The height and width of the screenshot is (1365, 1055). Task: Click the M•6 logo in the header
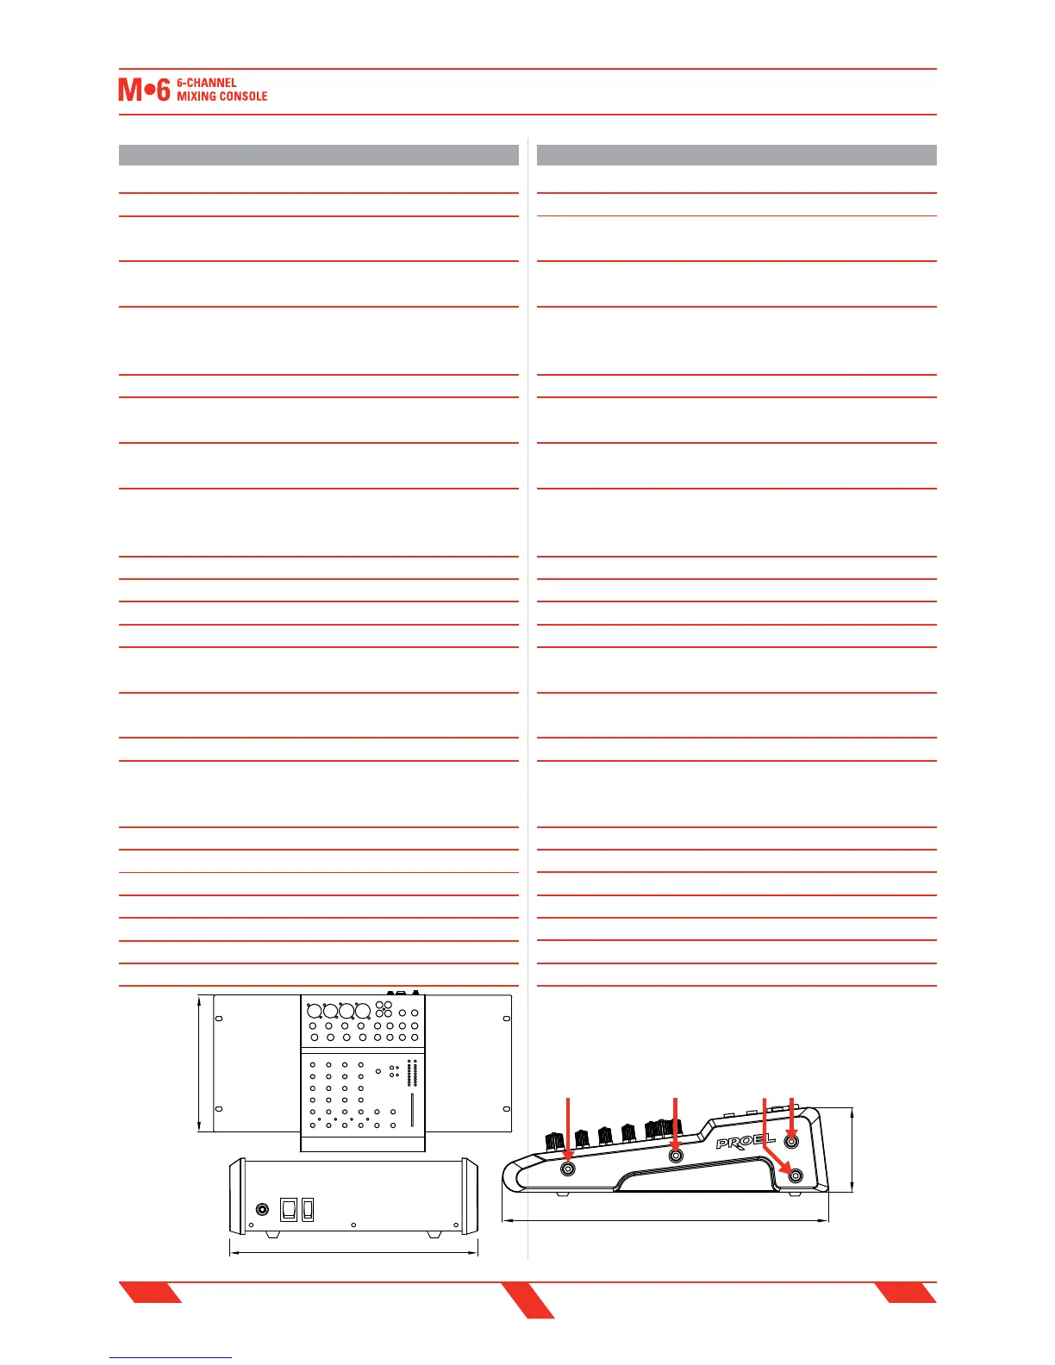pyautogui.click(x=144, y=90)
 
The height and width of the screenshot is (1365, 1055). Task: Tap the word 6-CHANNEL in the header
pyautogui.click(x=206, y=83)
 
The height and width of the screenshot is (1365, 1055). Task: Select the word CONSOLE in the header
pyautogui.click(x=245, y=97)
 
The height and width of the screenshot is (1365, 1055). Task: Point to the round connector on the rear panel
pyautogui.click(x=262, y=1209)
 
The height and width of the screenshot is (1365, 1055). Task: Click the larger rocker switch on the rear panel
pyautogui.click(x=289, y=1209)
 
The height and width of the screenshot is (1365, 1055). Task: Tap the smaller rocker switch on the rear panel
pyautogui.click(x=308, y=1209)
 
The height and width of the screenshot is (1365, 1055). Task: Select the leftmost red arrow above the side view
pyautogui.click(x=567, y=1125)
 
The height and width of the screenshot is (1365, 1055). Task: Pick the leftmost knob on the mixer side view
pyautogui.click(x=553, y=1141)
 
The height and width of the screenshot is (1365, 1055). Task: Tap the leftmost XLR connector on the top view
pyautogui.click(x=315, y=1011)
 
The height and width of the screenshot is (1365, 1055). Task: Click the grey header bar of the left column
pyautogui.click(x=318, y=155)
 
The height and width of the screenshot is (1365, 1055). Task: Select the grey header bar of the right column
pyautogui.click(x=736, y=155)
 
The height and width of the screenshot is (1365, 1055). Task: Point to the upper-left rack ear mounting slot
pyautogui.click(x=219, y=1019)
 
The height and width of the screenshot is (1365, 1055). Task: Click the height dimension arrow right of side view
pyautogui.click(x=852, y=1150)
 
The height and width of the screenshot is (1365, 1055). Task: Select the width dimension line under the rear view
pyautogui.click(x=353, y=1252)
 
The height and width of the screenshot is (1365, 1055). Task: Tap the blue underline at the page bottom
pyautogui.click(x=171, y=1357)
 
